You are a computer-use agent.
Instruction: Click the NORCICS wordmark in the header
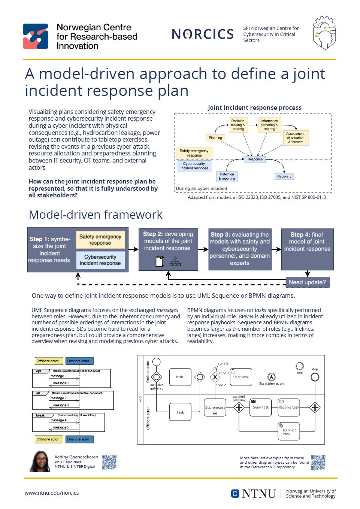click(x=203, y=34)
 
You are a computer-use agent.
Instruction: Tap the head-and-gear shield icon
click(x=324, y=33)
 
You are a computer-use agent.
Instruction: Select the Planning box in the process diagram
click(x=215, y=138)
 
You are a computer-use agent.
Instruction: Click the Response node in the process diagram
click(x=255, y=159)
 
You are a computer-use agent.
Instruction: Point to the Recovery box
click(x=284, y=176)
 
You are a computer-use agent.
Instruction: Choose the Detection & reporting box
click(x=227, y=176)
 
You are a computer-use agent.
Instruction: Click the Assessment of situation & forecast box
click(x=295, y=138)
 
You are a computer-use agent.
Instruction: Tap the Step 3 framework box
click(x=240, y=249)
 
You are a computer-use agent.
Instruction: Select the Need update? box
click(x=307, y=282)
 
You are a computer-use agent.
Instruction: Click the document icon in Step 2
click(x=160, y=261)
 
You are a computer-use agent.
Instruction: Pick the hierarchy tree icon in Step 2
click(x=175, y=261)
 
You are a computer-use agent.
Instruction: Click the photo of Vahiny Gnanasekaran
click(x=40, y=461)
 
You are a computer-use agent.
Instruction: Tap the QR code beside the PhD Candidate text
click(x=109, y=462)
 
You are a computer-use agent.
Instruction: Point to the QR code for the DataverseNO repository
click(x=318, y=462)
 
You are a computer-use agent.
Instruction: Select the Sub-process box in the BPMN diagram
click(x=215, y=408)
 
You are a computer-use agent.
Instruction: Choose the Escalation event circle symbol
click(x=272, y=377)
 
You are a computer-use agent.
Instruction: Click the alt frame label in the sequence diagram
click(x=39, y=393)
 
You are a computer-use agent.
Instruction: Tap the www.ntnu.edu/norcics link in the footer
click(x=52, y=493)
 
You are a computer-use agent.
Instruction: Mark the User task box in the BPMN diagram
click(x=241, y=377)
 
